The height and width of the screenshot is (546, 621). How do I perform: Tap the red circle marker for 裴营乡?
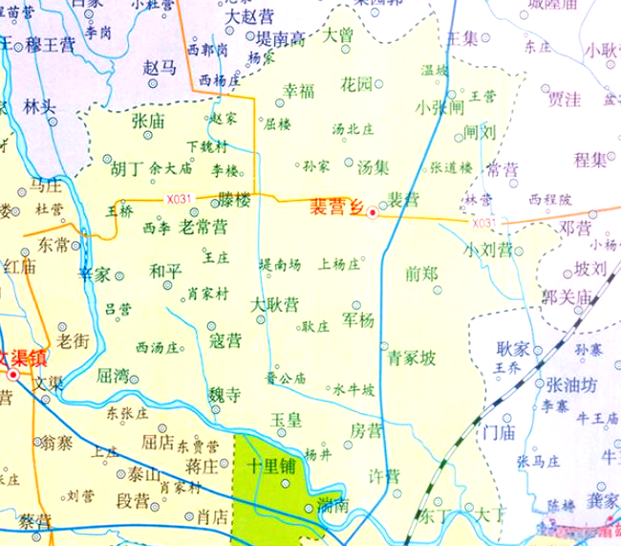click(x=373, y=214)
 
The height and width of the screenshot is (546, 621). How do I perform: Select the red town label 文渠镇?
click(x=22, y=360)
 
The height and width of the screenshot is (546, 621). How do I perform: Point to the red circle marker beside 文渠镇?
click(x=12, y=376)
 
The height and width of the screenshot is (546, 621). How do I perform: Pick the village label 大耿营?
click(x=275, y=305)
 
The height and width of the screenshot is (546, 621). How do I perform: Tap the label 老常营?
click(x=204, y=228)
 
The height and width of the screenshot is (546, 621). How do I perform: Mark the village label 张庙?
click(x=149, y=121)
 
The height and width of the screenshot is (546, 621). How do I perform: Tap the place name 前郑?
click(x=421, y=273)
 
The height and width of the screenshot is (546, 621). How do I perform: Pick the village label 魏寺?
click(x=225, y=394)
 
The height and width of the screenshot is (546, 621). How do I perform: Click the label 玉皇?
click(x=286, y=419)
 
